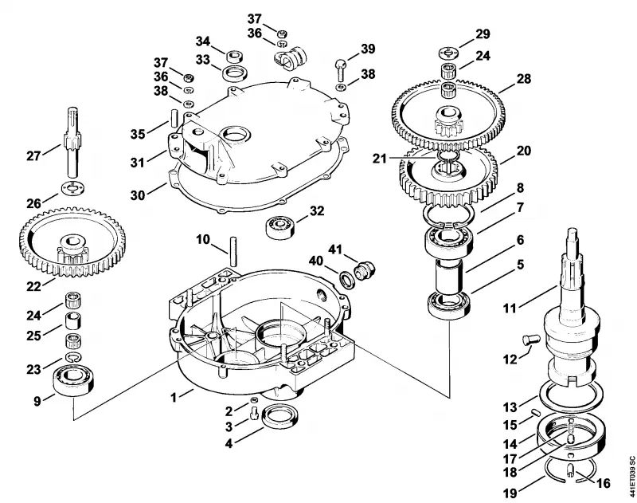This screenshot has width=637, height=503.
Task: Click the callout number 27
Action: (x=34, y=155)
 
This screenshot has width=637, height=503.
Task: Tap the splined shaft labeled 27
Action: (x=72, y=143)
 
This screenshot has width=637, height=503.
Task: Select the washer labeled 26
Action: (x=72, y=188)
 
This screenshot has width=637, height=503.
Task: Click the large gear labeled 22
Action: (x=72, y=242)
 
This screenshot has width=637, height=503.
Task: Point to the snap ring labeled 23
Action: (x=72, y=357)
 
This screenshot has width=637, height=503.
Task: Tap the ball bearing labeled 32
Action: (x=281, y=226)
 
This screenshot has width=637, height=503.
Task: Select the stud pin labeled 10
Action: (x=233, y=252)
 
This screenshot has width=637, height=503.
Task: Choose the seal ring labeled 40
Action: (x=346, y=280)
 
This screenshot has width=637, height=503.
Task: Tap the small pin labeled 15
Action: (x=534, y=412)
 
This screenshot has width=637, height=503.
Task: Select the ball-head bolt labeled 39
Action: (x=340, y=69)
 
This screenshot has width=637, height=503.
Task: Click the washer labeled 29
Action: (x=448, y=53)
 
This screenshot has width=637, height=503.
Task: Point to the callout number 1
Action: (x=174, y=397)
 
